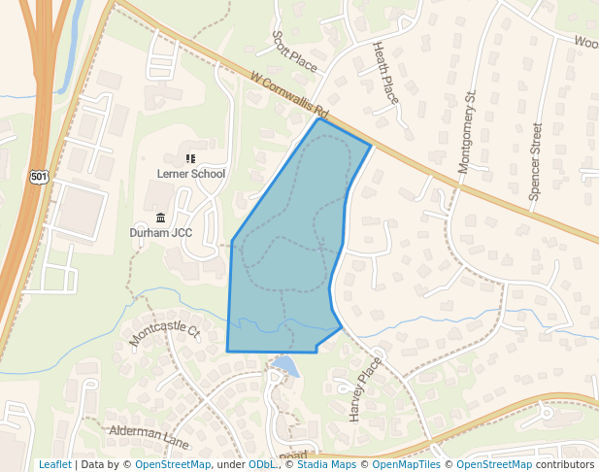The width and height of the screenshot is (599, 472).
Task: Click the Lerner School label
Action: coord(191,174)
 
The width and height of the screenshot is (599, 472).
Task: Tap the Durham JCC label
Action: coord(160,233)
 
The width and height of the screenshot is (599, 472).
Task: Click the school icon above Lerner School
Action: coord(190,157)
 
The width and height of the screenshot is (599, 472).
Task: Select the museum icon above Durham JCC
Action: coord(160,218)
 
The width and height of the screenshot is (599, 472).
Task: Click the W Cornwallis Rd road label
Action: coord(290,94)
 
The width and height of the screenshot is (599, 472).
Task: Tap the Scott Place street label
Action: coord(294,51)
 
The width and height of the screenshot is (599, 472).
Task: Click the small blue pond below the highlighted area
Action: coord(285,365)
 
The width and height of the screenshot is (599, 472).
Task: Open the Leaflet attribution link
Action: coord(54,464)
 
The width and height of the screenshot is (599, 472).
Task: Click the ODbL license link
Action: coord(262,464)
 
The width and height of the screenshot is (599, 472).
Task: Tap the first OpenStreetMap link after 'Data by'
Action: coord(173,464)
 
